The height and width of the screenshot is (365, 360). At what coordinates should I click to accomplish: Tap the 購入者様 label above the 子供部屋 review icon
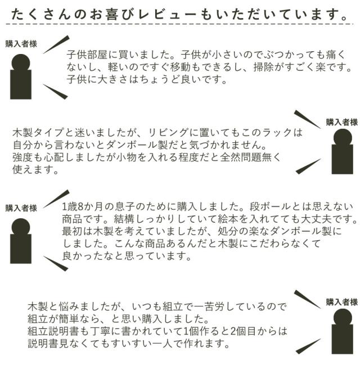pos(21,44)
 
